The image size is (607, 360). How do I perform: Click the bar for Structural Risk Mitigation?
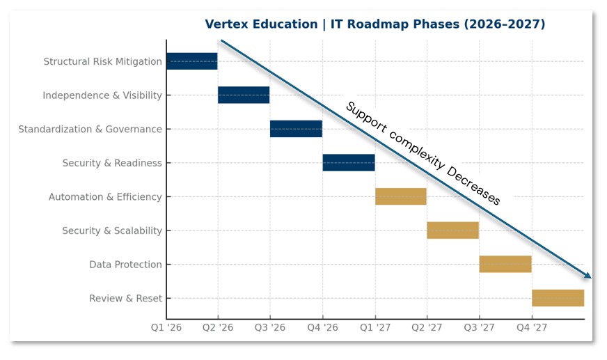point(191,61)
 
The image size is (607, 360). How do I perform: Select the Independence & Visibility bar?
point(244,95)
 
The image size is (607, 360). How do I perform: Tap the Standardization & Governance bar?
point(296,129)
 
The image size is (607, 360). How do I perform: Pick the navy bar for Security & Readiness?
point(349,163)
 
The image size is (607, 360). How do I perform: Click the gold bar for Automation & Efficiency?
point(401,196)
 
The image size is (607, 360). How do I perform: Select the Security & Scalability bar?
point(453,230)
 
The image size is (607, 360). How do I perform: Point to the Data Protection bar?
point(505,264)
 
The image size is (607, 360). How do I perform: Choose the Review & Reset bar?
point(558,298)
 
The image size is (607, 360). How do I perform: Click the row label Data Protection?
point(125,265)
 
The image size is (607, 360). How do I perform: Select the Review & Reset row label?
point(125,299)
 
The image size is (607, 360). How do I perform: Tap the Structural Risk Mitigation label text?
point(102,62)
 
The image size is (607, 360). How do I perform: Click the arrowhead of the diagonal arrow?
point(588,276)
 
